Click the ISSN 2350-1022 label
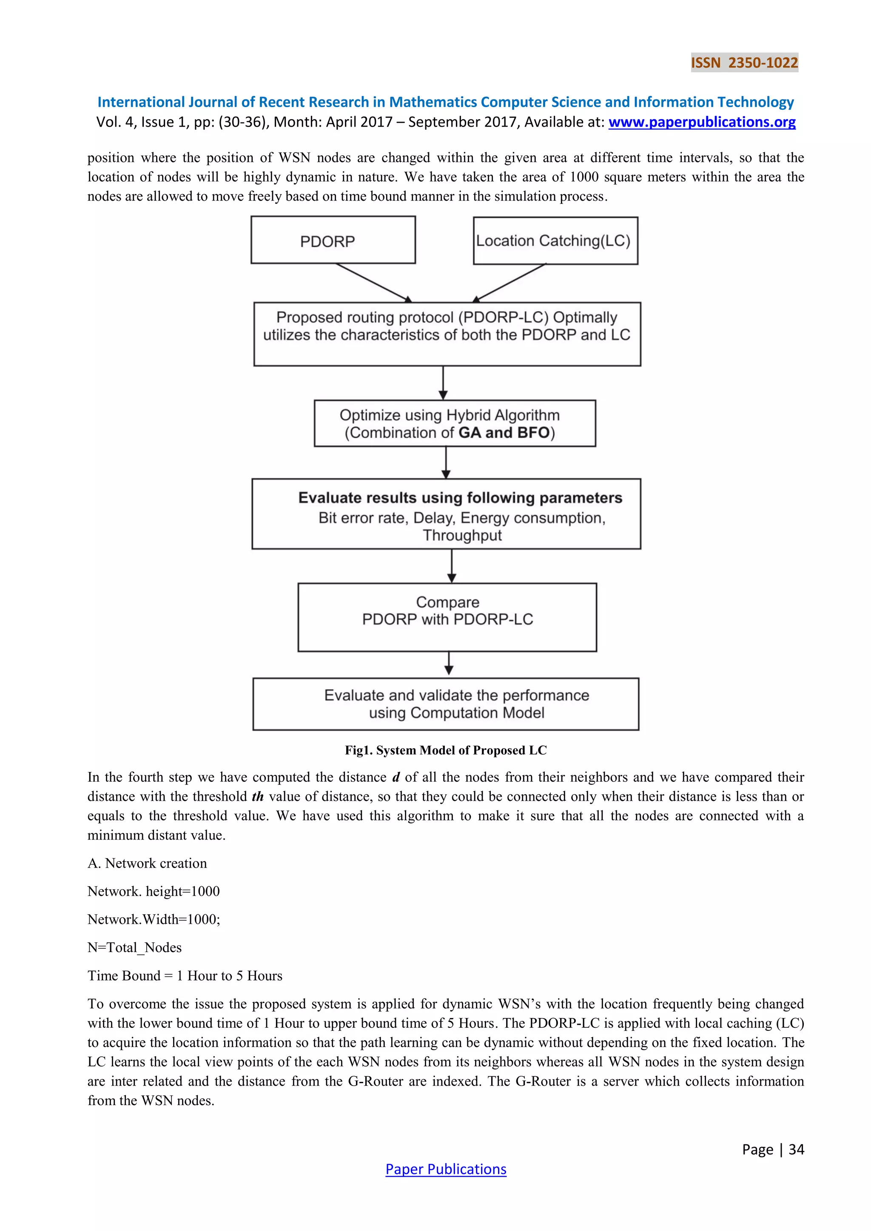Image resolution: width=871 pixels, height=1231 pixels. (x=744, y=63)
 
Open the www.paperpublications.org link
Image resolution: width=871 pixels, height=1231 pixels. (x=701, y=122)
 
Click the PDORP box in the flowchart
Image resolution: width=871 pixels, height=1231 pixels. (x=333, y=240)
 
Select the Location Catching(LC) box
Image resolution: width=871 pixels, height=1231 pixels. (x=555, y=241)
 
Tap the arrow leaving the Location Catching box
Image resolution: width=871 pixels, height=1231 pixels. (x=510, y=283)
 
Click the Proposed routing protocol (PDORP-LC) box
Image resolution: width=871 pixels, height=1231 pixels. (x=447, y=334)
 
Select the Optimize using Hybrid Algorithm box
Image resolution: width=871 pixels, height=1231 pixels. (x=454, y=423)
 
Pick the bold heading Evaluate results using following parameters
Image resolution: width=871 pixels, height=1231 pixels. (x=460, y=498)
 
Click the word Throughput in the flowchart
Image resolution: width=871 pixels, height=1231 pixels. (x=462, y=535)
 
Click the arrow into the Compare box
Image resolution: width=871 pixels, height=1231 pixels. (x=452, y=566)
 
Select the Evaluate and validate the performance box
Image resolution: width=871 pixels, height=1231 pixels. (x=446, y=704)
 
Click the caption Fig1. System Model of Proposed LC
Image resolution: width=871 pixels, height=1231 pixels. (x=446, y=750)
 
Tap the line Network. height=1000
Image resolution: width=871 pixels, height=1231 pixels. (x=154, y=891)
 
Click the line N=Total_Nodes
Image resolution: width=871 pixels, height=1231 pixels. (x=135, y=947)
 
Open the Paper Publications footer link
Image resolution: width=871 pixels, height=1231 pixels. (x=446, y=1169)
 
